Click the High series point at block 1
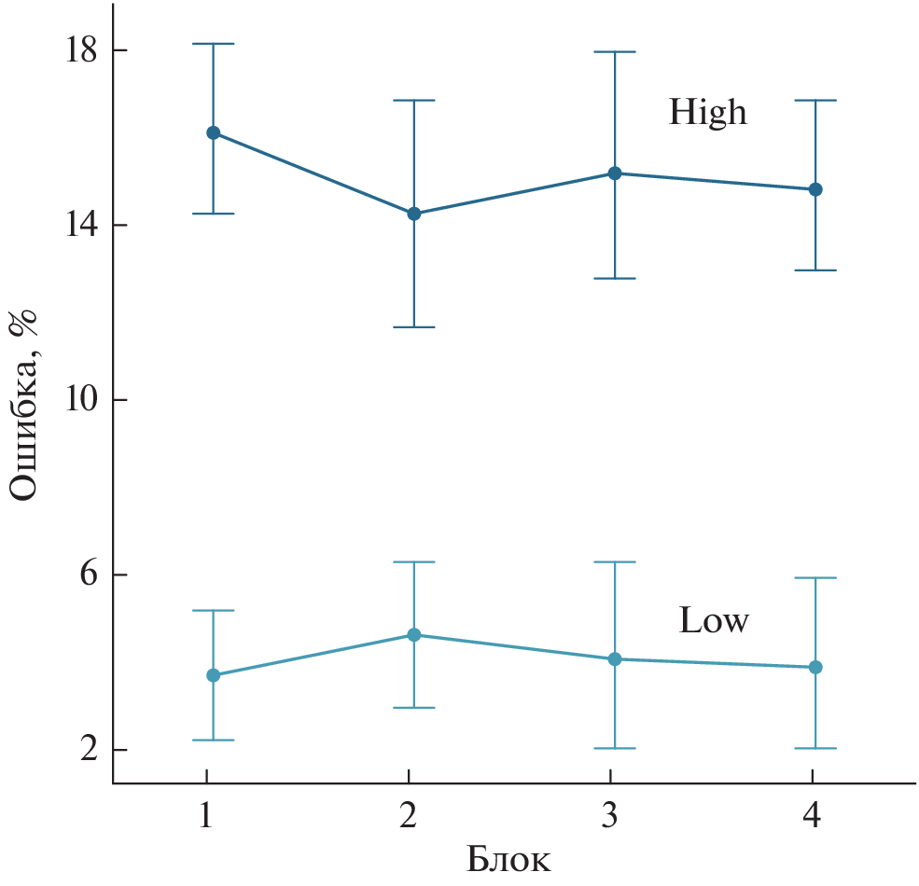tap(213, 132)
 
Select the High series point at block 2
tap(413, 214)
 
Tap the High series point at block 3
tap(615, 173)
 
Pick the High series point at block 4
tap(815, 189)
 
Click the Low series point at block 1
tap(213, 675)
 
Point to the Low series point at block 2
tap(413, 635)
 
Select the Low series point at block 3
tap(615, 659)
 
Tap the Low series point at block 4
tap(815, 667)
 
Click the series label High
tap(708, 113)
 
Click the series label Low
tap(714, 621)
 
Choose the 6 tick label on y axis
tap(89, 575)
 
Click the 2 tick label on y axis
tap(89, 750)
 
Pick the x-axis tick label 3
tap(610, 816)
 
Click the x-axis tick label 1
tap(206, 816)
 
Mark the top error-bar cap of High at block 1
tap(213, 44)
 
